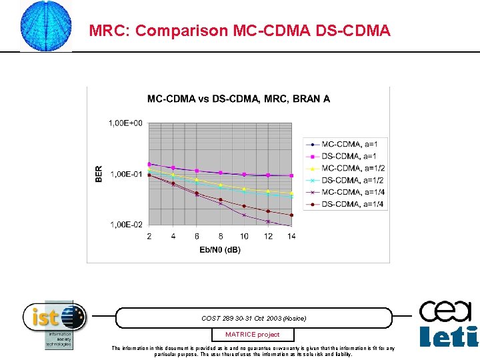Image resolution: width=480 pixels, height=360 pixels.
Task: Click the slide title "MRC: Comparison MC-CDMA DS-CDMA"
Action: coord(239,31)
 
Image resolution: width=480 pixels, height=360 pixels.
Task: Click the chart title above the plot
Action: coord(238,99)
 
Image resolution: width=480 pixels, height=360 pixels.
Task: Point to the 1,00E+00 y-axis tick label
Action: coord(125,123)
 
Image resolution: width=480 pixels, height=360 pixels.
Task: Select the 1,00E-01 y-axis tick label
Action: coord(125,174)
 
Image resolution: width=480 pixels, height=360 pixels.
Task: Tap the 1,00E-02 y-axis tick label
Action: coord(125,225)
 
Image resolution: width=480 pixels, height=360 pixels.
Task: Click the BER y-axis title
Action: coord(99,175)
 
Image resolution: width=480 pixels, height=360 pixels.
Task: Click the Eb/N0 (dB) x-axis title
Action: coord(220,249)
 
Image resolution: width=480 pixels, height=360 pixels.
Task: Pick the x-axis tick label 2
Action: coord(149,236)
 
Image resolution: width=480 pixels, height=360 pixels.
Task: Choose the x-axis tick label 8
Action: coord(221,236)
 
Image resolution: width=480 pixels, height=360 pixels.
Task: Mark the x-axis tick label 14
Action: coord(291,236)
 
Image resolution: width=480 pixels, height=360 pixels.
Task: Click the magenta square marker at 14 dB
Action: coord(291,175)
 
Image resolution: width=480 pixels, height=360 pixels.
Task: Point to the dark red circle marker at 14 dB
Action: coord(291,215)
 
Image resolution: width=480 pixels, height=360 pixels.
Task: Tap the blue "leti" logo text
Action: coord(448,336)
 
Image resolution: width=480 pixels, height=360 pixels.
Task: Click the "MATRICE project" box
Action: coord(252,335)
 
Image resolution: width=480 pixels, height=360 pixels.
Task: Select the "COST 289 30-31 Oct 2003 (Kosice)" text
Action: coord(253,318)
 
